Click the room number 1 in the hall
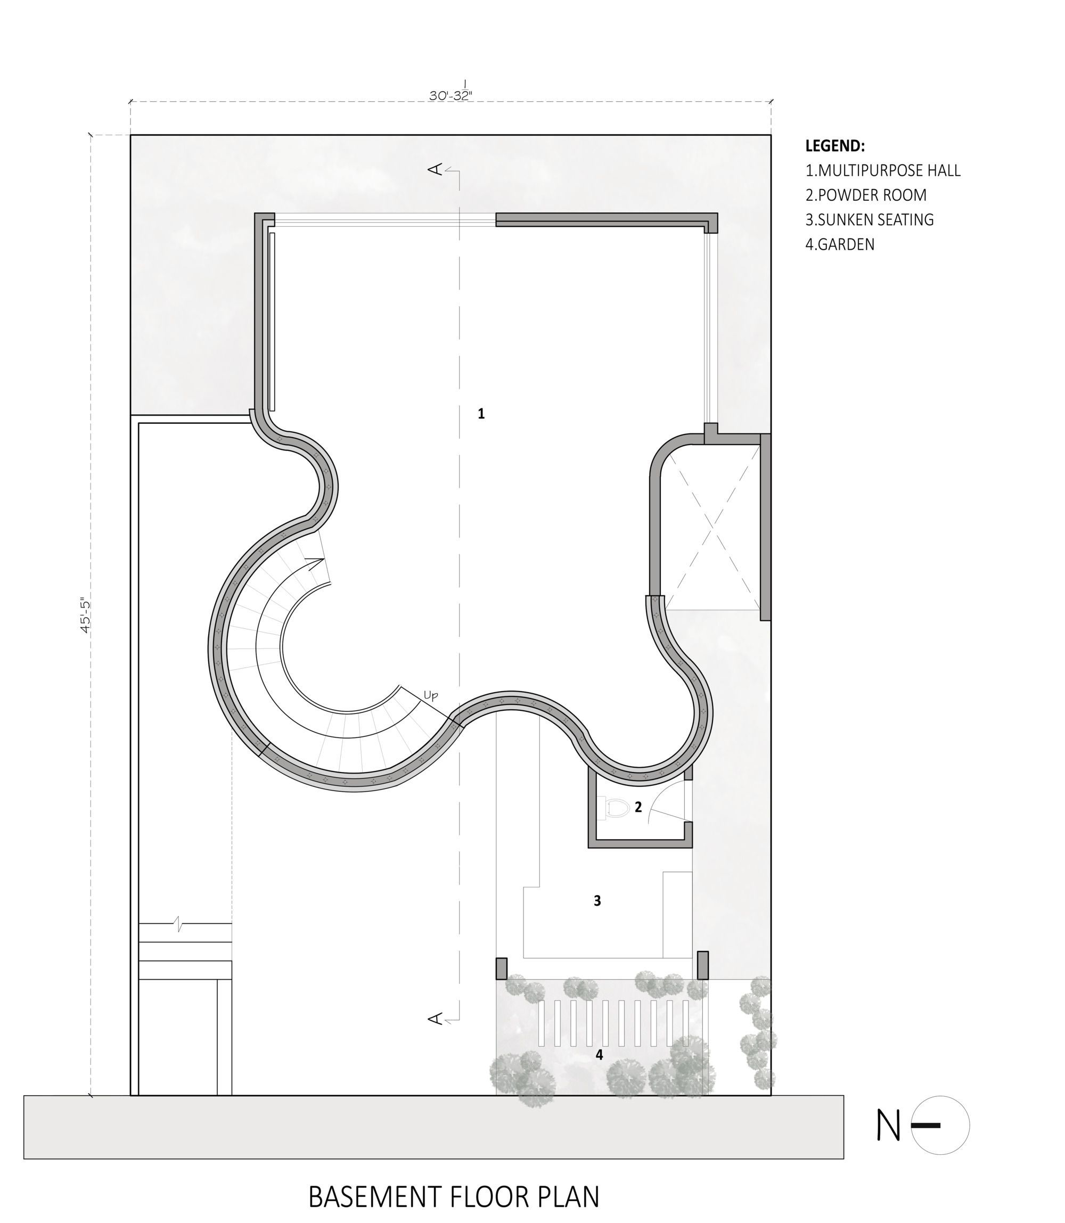coord(481,414)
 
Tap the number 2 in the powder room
coord(638,807)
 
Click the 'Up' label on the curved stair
coord(431,696)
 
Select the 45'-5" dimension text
coord(86,615)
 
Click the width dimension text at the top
coord(451,94)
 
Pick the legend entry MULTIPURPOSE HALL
coord(882,170)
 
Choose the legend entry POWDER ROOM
coord(866,195)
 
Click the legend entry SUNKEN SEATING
coord(870,220)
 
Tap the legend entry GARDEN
coord(840,244)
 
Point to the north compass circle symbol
coord(940,1126)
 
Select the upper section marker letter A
coord(436,170)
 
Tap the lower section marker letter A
coord(436,1019)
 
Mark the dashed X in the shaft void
coord(712,528)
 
